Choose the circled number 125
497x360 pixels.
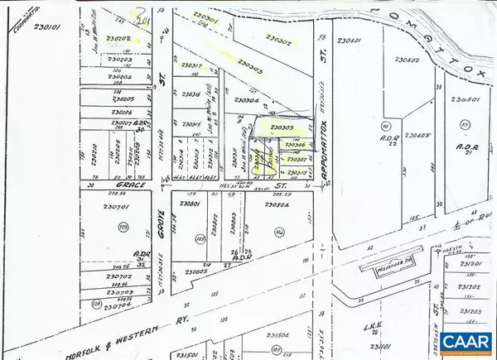coord(123,225)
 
